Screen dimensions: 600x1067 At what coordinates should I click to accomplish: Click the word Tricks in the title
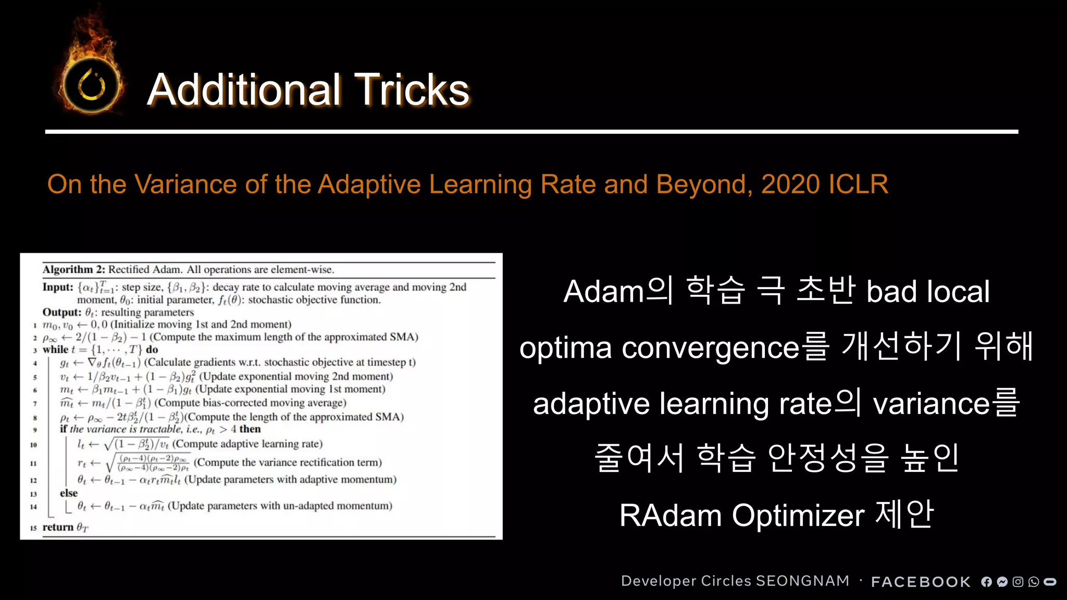(x=412, y=90)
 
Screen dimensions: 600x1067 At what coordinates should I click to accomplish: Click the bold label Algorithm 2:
(x=74, y=269)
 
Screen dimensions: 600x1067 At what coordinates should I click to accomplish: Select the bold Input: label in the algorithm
(x=58, y=287)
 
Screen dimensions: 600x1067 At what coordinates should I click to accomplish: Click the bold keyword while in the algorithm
(x=55, y=349)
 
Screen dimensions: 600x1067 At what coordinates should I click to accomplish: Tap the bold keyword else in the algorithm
(x=69, y=493)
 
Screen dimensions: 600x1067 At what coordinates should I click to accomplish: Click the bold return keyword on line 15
(x=58, y=527)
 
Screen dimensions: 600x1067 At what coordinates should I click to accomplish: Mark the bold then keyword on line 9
(x=250, y=429)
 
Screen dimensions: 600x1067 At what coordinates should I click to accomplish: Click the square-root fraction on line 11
(x=148, y=463)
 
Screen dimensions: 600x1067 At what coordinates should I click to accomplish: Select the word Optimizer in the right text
(x=798, y=516)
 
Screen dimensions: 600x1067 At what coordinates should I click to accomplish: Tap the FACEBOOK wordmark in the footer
(x=921, y=582)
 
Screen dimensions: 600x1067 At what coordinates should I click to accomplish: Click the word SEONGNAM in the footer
(x=802, y=581)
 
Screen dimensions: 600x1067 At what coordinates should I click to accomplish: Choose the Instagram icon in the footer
(x=1018, y=582)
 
